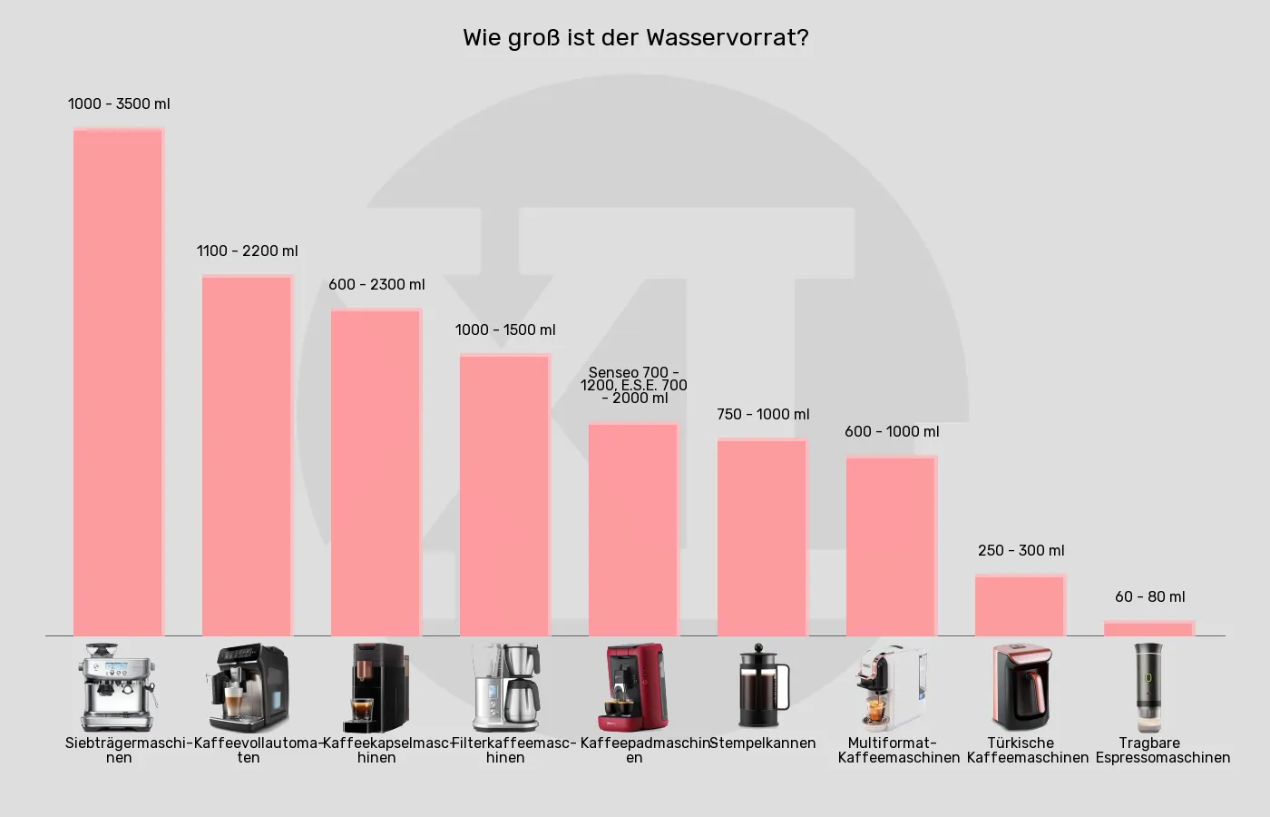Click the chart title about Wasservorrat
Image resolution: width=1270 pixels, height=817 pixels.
tap(635, 38)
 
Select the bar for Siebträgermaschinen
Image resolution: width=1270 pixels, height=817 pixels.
tap(118, 381)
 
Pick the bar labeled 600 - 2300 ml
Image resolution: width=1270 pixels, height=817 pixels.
tap(376, 472)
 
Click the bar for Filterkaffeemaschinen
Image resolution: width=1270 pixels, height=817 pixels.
tap(504, 495)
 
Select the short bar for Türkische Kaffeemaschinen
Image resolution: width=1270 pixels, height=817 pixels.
tap(1020, 605)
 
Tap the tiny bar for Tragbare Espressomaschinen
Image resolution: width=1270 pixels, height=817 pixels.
tap(1148, 628)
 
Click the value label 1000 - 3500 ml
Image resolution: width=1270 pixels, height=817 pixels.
tap(119, 103)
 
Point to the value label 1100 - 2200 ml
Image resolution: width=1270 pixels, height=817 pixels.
tap(247, 251)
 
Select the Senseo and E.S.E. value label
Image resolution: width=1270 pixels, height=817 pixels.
tap(634, 385)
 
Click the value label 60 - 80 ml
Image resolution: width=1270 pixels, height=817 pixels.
tap(1149, 596)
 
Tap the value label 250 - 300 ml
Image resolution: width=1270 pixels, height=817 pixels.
tap(1021, 550)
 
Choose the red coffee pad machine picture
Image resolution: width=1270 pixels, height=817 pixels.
tap(633, 687)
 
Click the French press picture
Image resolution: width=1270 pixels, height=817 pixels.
tap(763, 686)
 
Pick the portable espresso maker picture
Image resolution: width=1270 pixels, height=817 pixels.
tap(1148, 687)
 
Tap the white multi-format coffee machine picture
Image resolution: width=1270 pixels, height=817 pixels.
tap(891, 687)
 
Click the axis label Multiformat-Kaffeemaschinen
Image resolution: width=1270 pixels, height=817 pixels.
tap(898, 750)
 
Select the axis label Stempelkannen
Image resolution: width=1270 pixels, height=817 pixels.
tap(762, 743)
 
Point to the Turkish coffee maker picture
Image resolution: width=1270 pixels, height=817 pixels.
tap(1021, 687)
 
